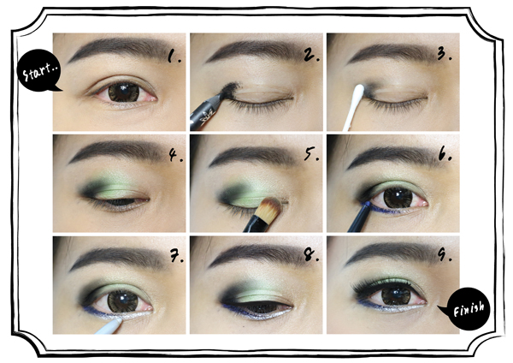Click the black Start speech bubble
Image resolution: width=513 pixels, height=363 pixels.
point(38,71)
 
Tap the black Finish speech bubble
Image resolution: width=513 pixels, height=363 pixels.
point(468,308)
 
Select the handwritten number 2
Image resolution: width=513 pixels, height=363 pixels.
point(311,55)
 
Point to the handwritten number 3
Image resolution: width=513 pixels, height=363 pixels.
point(445,54)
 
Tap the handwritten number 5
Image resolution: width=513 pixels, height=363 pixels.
point(311,153)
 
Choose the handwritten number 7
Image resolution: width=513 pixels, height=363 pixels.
point(177,255)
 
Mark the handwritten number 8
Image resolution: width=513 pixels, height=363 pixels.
point(311,255)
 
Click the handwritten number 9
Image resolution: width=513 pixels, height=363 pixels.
point(444,254)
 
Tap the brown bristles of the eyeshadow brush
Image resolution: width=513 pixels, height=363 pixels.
point(271,206)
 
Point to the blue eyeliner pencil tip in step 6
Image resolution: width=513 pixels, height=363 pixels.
point(367,204)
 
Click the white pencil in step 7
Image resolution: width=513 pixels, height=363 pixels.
point(108,327)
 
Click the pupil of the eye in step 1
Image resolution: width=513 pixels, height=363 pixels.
point(124,92)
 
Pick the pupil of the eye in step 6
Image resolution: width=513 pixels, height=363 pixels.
point(398,198)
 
